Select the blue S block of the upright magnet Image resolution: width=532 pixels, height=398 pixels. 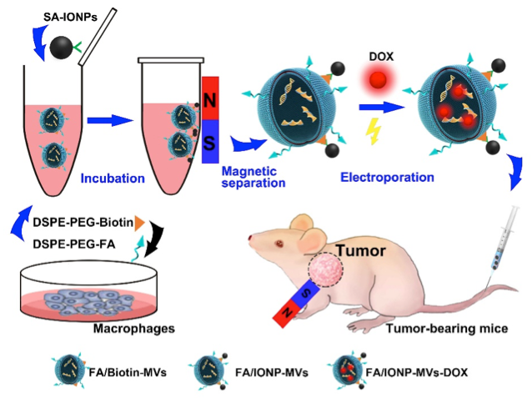(x=210, y=143)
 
